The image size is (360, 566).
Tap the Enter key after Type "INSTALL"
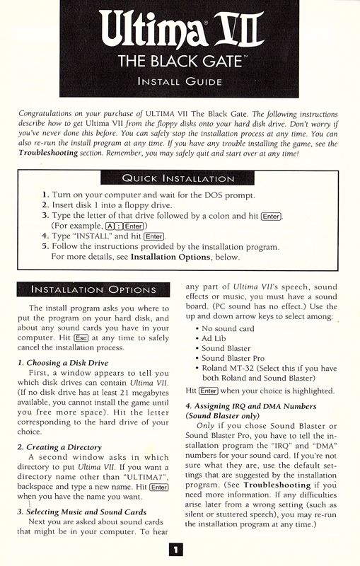[x=154, y=236]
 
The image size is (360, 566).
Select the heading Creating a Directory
[x=64, y=447]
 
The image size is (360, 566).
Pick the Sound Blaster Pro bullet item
[x=234, y=358]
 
